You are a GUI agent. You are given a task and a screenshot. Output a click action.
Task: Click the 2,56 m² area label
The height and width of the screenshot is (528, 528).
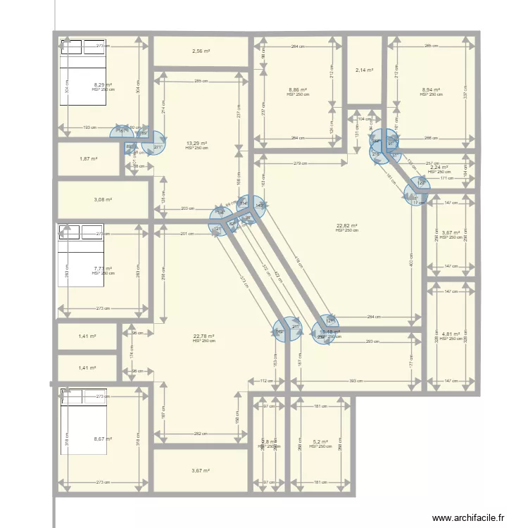tap(201, 51)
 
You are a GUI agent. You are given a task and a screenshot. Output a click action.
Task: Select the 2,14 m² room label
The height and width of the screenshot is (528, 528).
tap(364, 70)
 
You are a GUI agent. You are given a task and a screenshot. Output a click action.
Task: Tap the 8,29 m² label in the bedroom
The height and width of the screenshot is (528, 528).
tap(103, 84)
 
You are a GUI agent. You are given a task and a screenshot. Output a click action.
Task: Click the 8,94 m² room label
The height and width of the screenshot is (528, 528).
tap(431, 89)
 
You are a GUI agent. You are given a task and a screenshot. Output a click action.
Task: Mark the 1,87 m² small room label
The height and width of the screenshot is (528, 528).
tap(89, 159)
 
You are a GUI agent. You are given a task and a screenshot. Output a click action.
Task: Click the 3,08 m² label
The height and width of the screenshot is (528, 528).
tap(103, 200)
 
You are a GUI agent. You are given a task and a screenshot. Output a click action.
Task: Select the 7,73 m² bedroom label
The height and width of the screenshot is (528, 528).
tap(103, 268)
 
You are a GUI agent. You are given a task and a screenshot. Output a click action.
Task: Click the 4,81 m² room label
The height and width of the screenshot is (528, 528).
tap(451, 334)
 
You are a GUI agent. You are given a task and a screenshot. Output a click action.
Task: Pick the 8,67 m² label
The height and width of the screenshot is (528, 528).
tap(103, 439)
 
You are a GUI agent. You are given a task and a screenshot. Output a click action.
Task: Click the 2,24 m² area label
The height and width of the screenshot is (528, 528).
tap(439, 168)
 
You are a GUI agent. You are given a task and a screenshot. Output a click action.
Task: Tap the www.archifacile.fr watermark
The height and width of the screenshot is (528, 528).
tap(468, 517)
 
